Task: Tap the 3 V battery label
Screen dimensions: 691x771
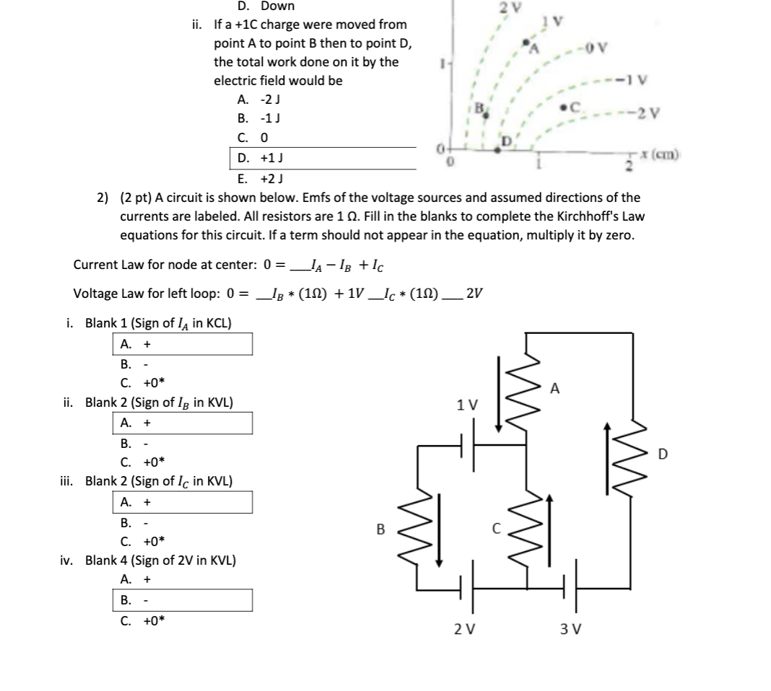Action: coord(568,629)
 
